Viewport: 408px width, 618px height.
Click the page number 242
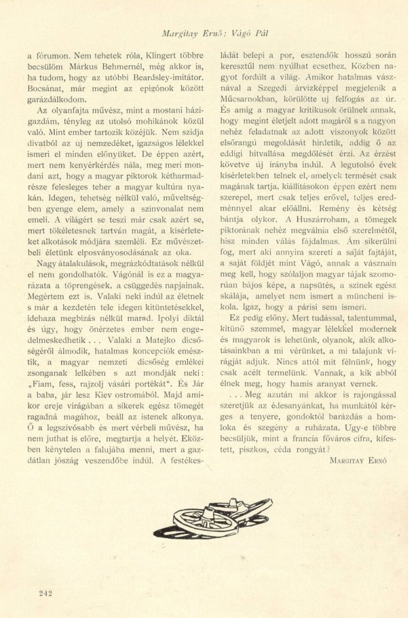[x=45, y=592]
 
